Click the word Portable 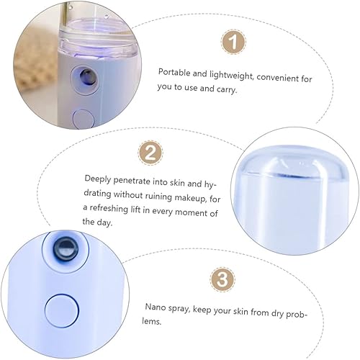tap(176, 72)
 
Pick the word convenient tap(277, 72)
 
